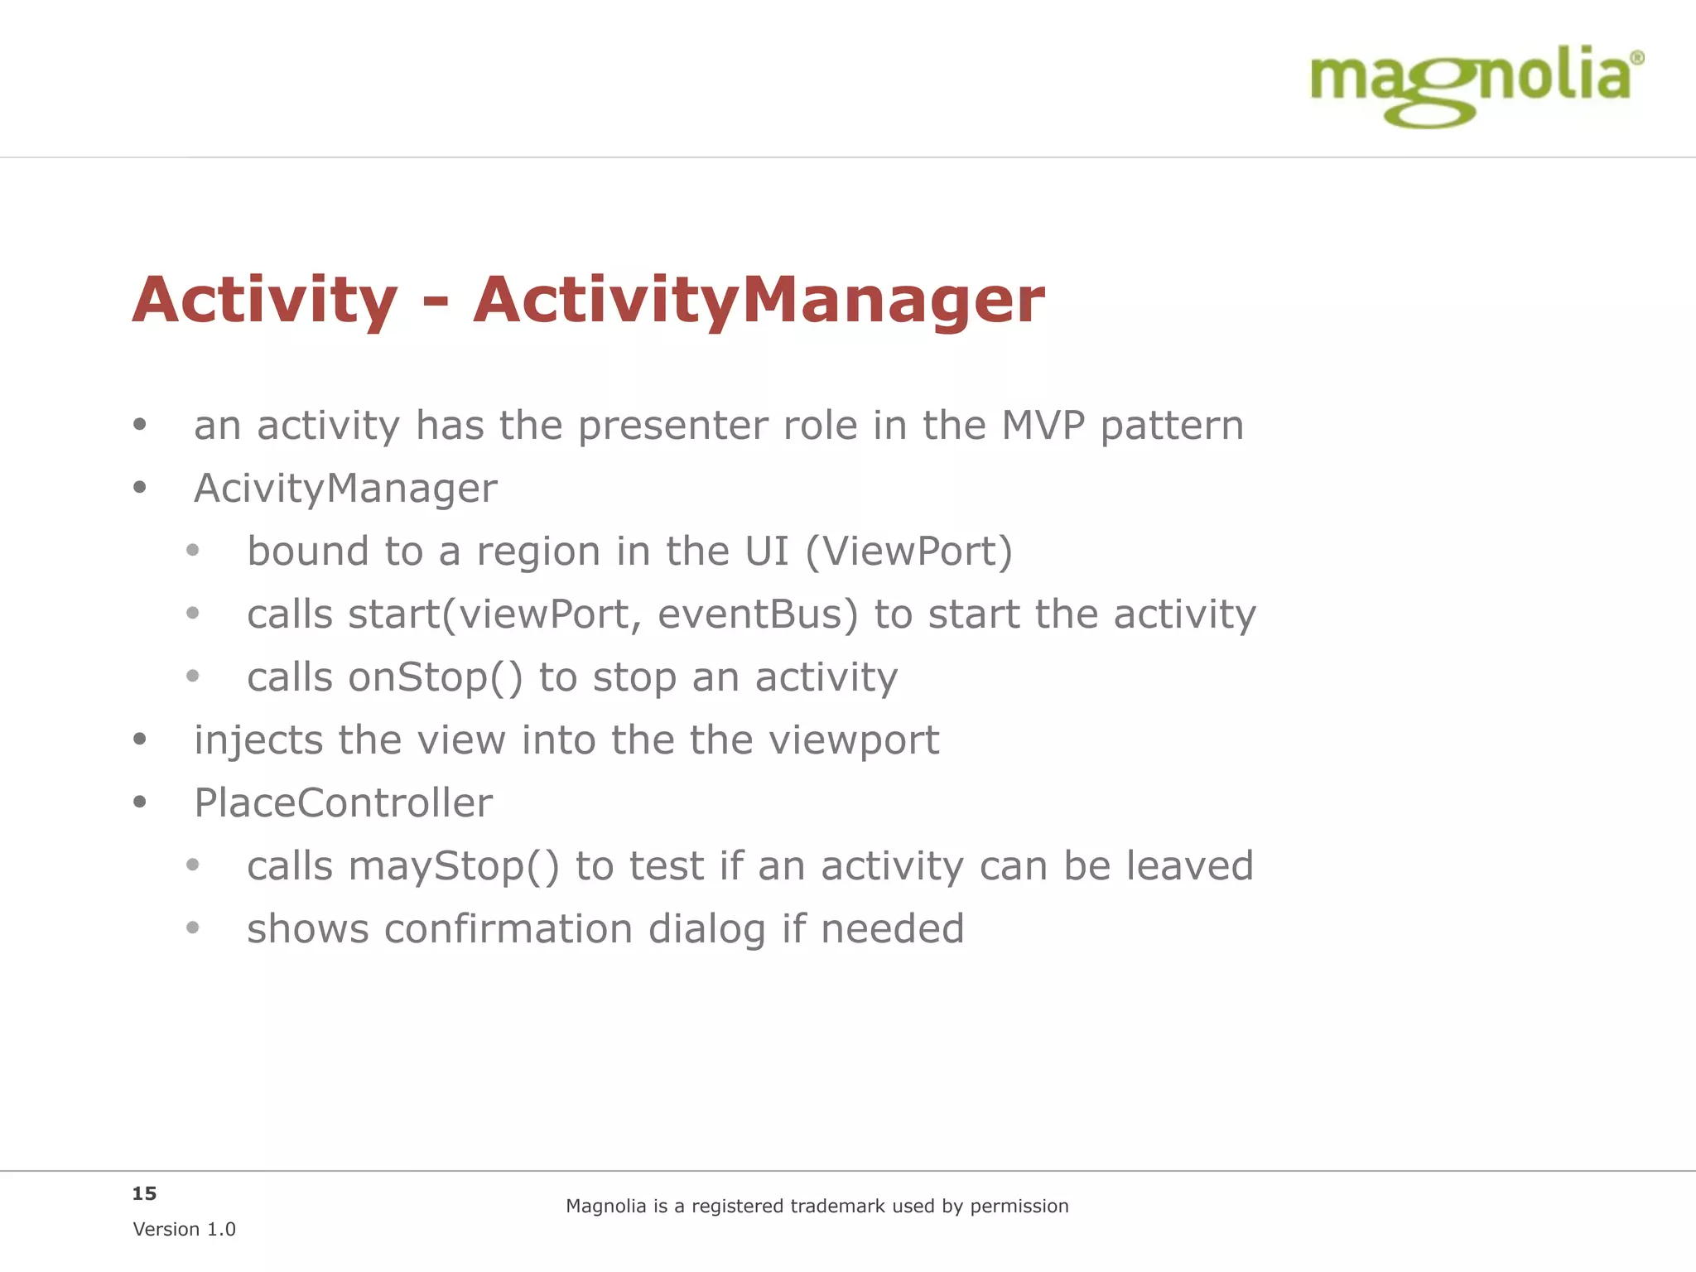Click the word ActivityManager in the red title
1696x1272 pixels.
[759, 300]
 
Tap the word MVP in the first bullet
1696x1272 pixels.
[1043, 426]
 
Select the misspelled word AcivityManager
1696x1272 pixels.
[345, 489]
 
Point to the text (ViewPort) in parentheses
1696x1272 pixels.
[908, 552]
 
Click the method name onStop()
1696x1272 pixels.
[436, 677]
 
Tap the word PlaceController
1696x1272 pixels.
[343, 803]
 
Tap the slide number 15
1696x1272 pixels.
[144, 1193]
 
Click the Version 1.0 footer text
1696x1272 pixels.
[184, 1230]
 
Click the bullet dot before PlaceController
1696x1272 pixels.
[140, 802]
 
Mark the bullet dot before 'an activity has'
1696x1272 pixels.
[140, 425]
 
